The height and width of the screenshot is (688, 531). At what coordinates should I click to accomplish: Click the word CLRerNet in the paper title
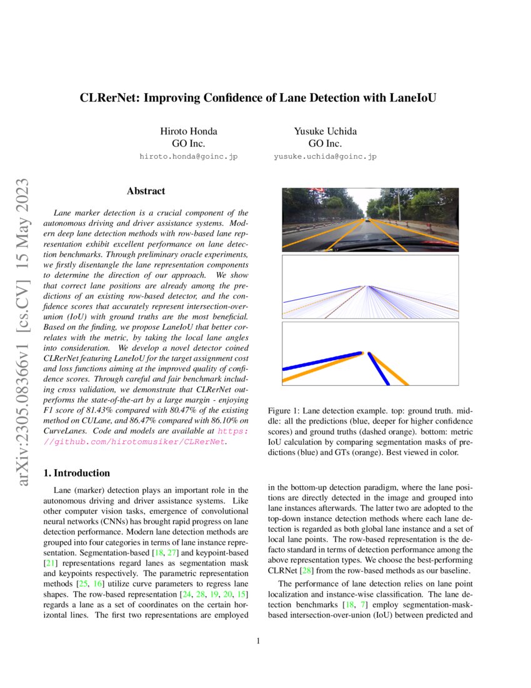(107, 98)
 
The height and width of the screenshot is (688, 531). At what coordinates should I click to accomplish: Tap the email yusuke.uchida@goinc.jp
(325, 157)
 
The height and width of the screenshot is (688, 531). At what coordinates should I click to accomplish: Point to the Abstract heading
(146, 191)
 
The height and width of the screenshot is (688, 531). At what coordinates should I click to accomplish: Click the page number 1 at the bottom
(258, 640)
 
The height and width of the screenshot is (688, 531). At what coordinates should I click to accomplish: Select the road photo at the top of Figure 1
(370, 220)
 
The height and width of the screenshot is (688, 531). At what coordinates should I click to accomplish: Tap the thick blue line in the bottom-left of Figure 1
(319, 362)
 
